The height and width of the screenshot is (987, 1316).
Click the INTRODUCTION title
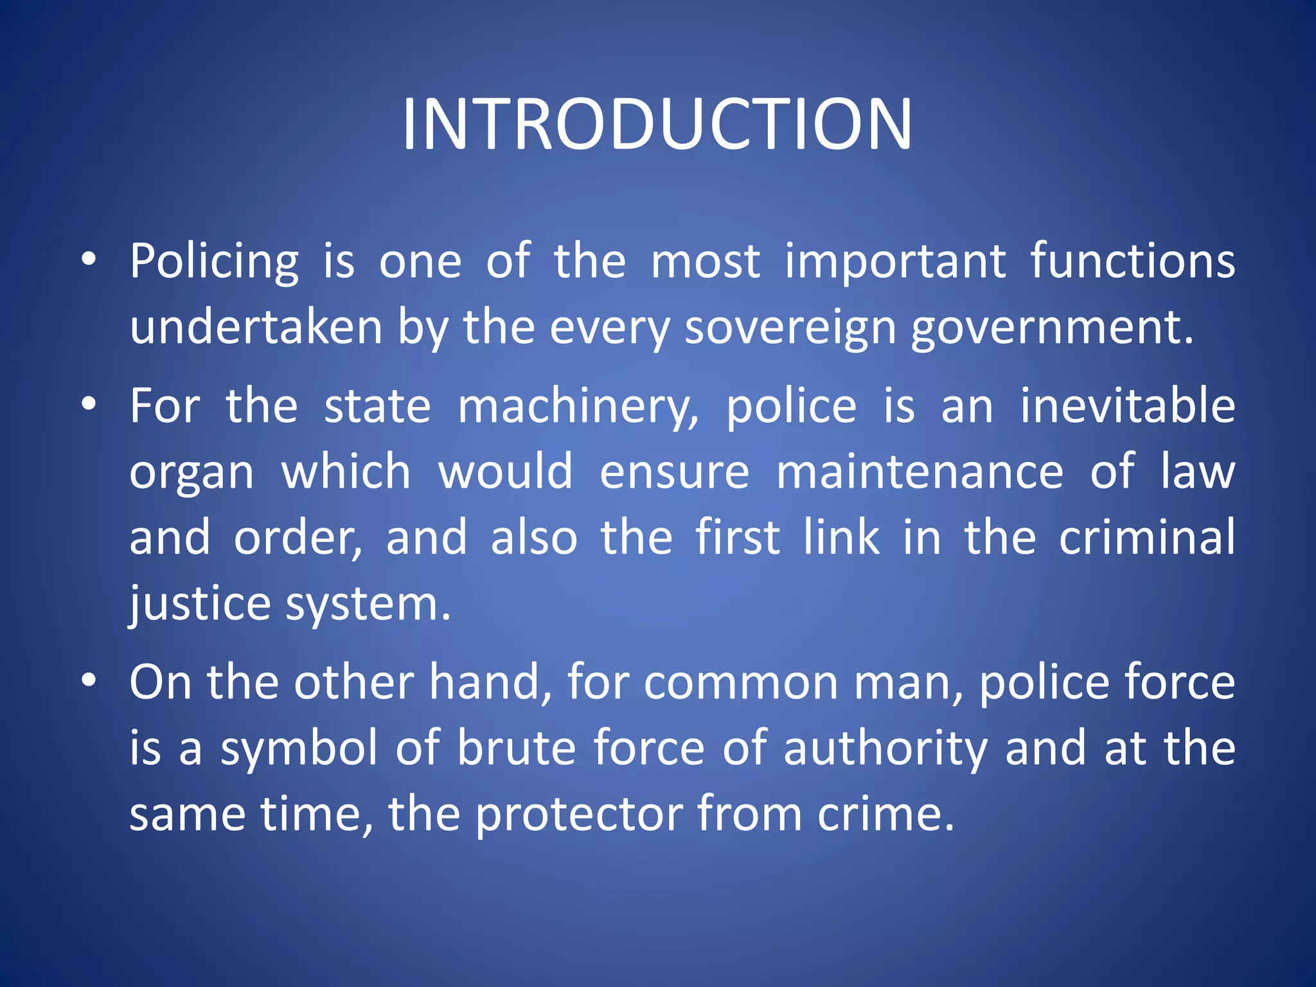point(657,125)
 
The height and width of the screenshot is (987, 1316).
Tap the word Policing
point(214,262)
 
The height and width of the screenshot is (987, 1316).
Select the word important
point(895,262)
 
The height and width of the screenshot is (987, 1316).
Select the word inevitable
point(1128,406)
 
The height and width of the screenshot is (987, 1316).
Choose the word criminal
point(1146,538)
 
